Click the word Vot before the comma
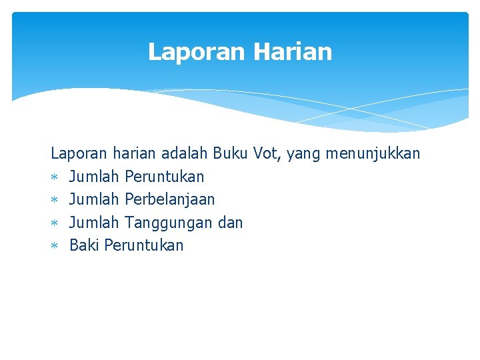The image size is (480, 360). (x=267, y=154)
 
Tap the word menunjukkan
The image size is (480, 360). (x=373, y=154)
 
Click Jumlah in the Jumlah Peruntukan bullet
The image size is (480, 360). (x=94, y=177)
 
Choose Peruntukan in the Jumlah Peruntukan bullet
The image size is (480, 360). (x=164, y=177)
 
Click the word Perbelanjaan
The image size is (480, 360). (x=169, y=199)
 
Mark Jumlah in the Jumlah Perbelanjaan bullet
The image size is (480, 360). (x=94, y=199)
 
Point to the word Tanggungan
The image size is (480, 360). (x=169, y=223)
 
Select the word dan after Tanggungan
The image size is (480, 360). (x=230, y=223)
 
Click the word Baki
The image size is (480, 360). (x=84, y=245)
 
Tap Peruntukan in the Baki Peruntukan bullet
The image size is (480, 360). (x=143, y=245)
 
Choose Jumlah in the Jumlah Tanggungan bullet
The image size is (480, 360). (x=94, y=223)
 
